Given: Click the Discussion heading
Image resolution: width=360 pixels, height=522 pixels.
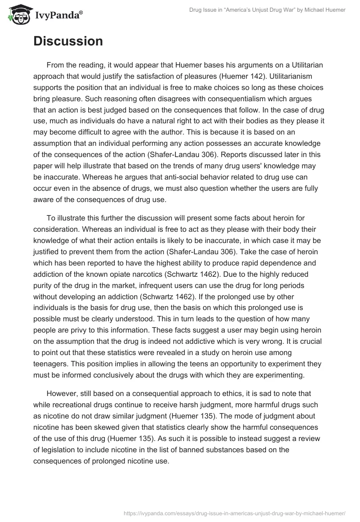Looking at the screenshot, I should (68, 41).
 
